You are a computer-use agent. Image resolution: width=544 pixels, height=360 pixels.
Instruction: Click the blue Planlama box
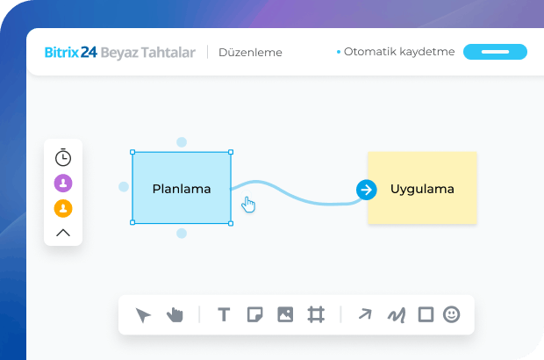pyautogui.click(x=182, y=188)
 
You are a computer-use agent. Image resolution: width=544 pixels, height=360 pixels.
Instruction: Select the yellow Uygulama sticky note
pyautogui.click(x=423, y=188)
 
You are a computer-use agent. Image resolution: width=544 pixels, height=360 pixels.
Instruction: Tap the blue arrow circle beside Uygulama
pyautogui.click(x=366, y=189)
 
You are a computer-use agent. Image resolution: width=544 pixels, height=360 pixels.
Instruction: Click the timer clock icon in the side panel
pyautogui.click(x=63, y=158)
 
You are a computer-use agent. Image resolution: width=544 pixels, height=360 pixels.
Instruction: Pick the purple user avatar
pyautogui.click(x=63, y=184)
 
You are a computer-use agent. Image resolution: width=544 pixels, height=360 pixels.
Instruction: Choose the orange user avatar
pyautogui.click(x=63, y=209)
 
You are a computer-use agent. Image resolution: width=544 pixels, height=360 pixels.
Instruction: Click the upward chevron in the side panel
pyautogui.click(x=63, y=233)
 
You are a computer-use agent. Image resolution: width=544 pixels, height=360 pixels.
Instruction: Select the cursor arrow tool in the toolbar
pyautogui.click(x=144, y=315)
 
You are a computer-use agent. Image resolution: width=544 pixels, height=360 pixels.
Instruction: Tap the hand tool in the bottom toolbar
pyautogui.click(x=175, y=314)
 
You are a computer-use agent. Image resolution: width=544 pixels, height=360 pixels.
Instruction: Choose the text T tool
pyautogui.click(x=224, y=314)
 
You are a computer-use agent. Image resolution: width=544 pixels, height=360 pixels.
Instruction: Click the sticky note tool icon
pyautogui.click(x=254, y=314)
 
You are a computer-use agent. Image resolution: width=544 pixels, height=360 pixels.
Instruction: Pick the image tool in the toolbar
pyautogui.click(x=285, y=314)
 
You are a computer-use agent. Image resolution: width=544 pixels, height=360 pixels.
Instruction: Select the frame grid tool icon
pyautogui.click(x=316, y=314)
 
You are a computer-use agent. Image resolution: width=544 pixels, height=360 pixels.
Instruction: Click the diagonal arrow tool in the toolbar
pyautogui.click(x=365, y=314)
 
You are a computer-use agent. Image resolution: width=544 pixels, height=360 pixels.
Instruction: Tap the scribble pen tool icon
pyautogui.click(x=397, y=314)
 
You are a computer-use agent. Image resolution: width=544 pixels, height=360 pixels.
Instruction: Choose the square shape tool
pyautogui.click(x=426, y=314)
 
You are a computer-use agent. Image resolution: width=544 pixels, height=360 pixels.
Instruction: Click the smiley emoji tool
pyautogui.click(x=451, y=314)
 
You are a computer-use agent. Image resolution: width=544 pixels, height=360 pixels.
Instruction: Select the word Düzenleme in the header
pyautogui.click(x=251, y=52)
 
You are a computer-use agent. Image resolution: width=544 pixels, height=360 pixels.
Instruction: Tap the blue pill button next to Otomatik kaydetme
pyautogui.click(x=495, y=52)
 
